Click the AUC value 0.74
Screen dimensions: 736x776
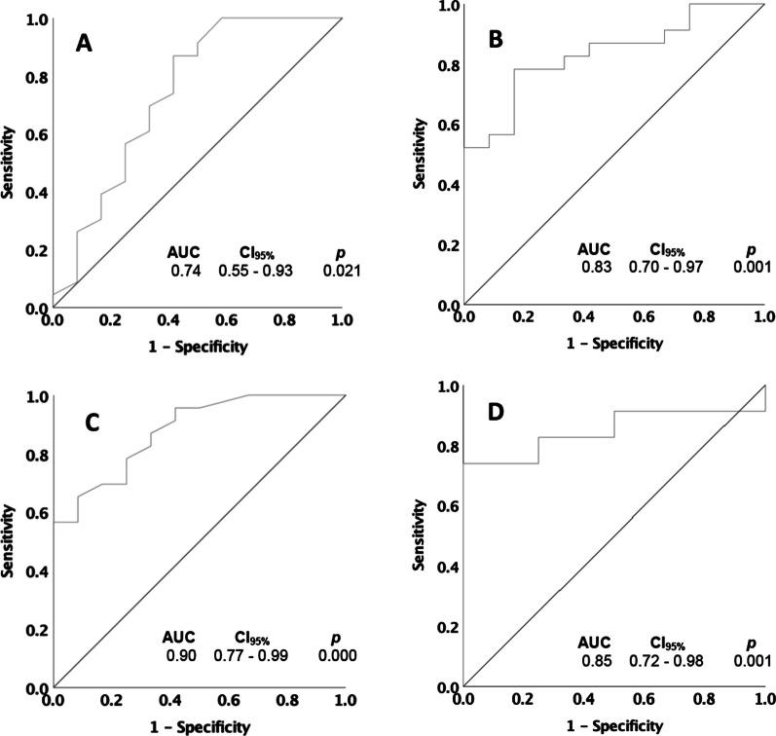coord(184,272)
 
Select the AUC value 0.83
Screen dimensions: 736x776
coord(595,267)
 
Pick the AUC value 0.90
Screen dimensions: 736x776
coord(180,658)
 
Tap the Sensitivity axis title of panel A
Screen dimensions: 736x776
coord(12,162)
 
